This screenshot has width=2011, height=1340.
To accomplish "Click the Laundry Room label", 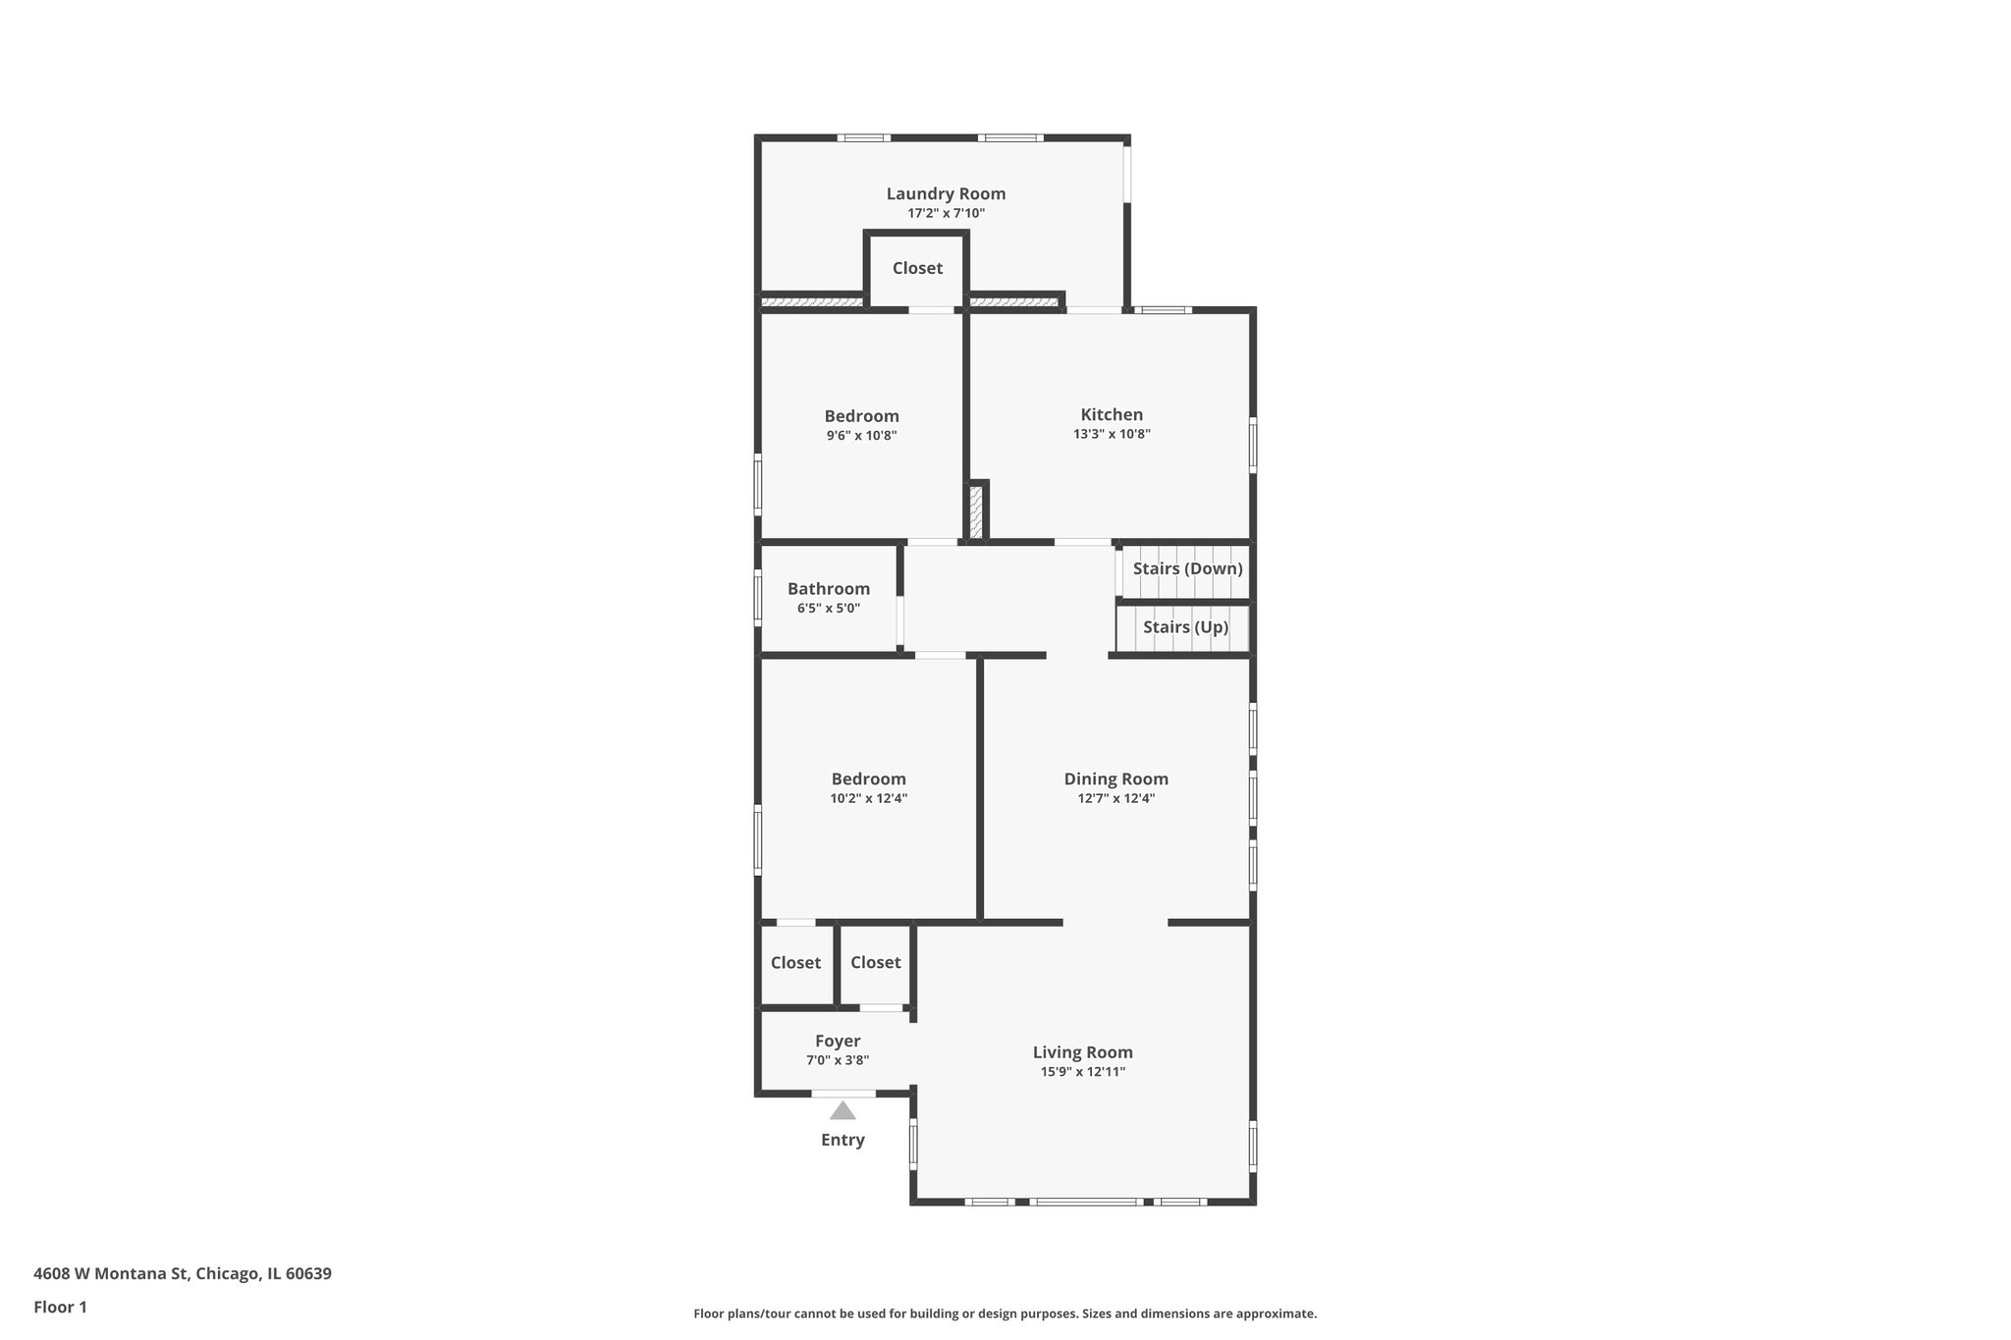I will coord(946,194).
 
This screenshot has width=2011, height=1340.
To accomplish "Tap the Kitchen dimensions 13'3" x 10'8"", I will coord(1112,434).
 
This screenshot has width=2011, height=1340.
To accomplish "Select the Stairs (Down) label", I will coord(1187,568).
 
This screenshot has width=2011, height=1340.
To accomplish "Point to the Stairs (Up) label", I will coord(1185,626).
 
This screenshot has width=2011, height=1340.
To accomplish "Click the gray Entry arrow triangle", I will coord(842,1110).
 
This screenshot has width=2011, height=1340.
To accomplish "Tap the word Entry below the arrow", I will coord(842,1140).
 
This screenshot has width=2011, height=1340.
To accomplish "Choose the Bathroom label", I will coord(828,589).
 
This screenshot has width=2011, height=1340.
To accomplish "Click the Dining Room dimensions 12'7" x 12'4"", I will coord(1115,798).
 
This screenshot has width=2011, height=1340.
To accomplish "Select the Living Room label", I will coord(1082,1052).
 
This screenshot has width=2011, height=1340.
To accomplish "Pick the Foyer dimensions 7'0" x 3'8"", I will coord(838,1060).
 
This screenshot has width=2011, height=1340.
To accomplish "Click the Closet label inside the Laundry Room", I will coord(917,268).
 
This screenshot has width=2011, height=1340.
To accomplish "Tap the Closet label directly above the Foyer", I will coord(875,962).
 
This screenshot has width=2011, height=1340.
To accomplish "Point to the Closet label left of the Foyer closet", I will coord(795,962).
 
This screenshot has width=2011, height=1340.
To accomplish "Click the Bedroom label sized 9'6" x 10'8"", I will coord(861,416).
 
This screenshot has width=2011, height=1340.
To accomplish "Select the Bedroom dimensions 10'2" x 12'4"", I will coord(868,798).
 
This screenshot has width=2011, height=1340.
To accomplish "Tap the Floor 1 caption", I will coord(60,1307).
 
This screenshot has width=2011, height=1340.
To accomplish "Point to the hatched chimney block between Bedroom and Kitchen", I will coord(976,510).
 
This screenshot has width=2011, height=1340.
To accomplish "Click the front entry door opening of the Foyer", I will coord(842,1094).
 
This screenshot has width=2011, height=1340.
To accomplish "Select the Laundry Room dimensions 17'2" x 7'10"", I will coord(946,213).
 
